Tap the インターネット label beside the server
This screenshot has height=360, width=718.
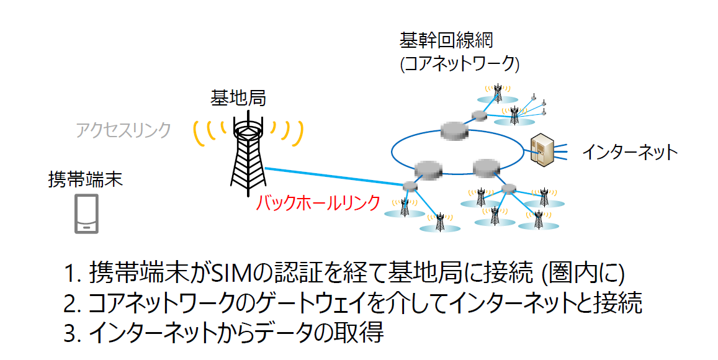coord(629,153)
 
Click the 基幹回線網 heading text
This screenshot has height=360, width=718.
coord(446,42)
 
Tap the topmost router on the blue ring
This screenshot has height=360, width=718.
coord(455,129)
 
